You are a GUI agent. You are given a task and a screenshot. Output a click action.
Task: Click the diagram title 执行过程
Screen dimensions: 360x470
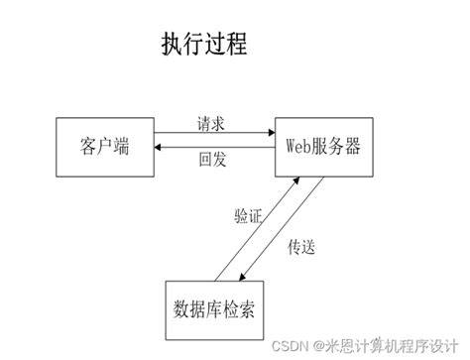tap(203, 45)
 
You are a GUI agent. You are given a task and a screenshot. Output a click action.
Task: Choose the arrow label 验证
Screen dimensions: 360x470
tap(248, 217)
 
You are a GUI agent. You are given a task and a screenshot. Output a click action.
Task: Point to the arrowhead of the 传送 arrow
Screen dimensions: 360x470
tap(243, 282)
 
